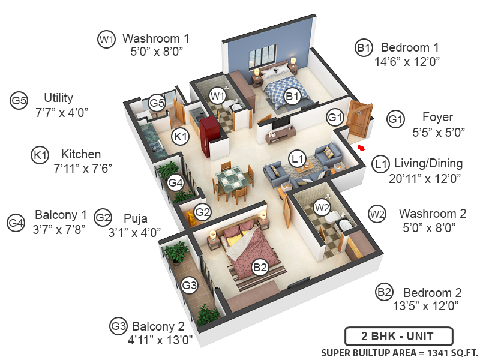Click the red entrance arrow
(361, 147)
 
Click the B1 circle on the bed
(292, 95)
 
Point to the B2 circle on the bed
(259, 268)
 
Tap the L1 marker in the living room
(296, 159)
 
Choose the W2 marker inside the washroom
(323, 208)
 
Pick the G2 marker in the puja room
(203, 211)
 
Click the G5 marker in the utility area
(157, 103)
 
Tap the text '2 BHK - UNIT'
(398, 336)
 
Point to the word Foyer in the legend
(437, 117)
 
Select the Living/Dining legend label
(428, 163)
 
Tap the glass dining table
(230, 178)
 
